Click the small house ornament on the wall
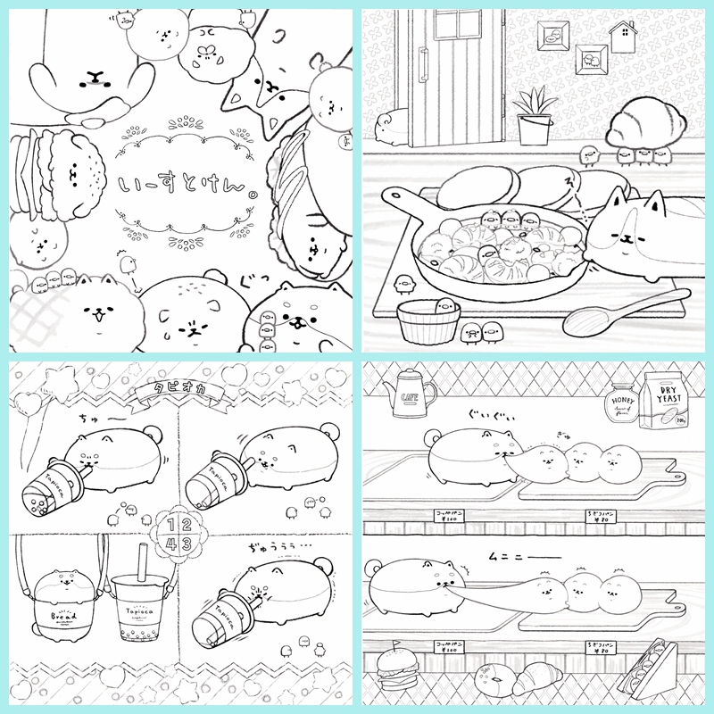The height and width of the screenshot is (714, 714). pos(622,38)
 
